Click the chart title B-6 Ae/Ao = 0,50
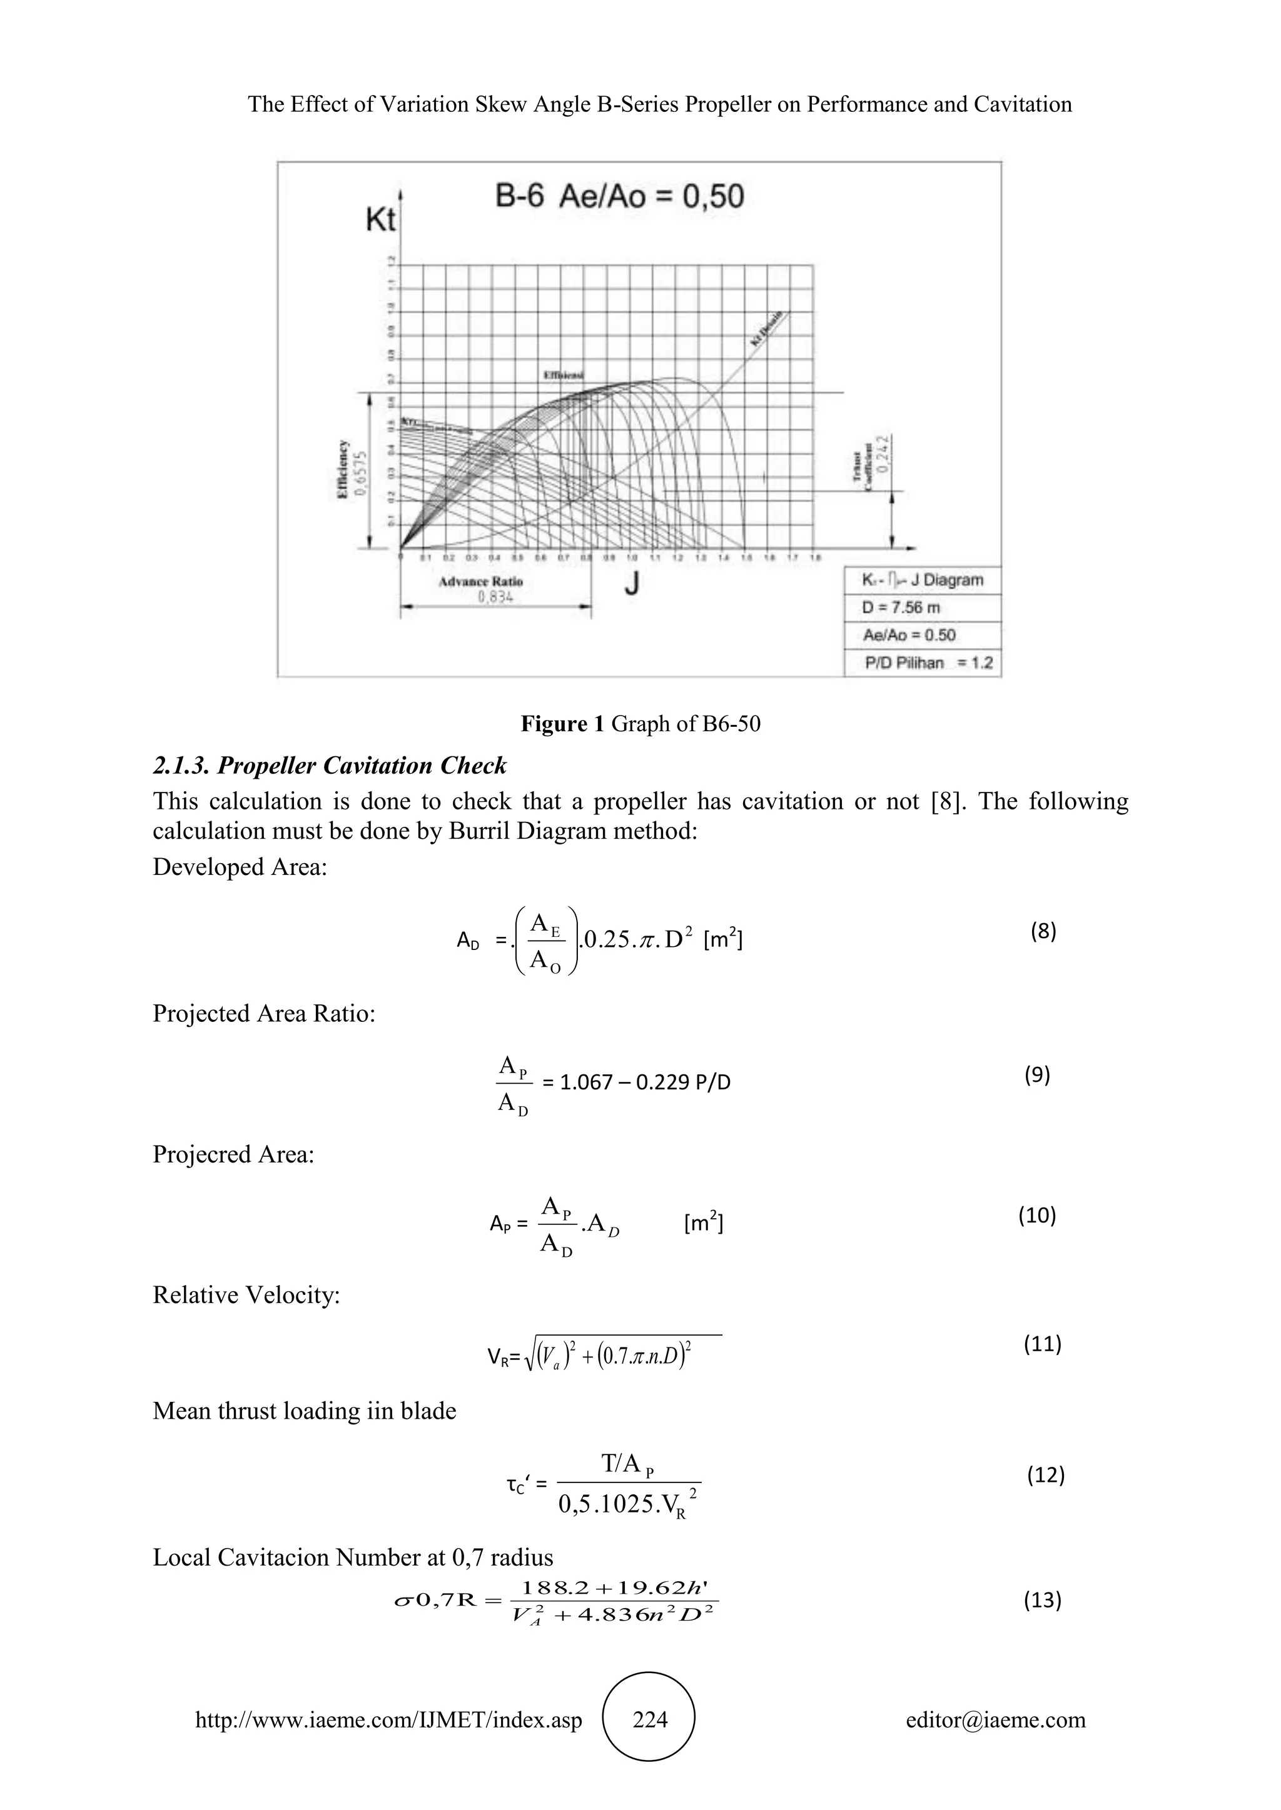pyautogui.click(x=619, y=196)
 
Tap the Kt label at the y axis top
pyautogui.click(x=380, y=220)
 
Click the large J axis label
pyautogui.click(x=632, y=584)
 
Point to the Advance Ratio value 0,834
pyautogui.click(x=495, y=597)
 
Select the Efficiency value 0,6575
pyautogui.click(x=362, y=473)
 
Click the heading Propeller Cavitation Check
pyautogui.click(x=329, y=766)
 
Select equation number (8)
pyautogui.click(x=1043, y=931)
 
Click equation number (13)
pyautogui.click(x=1042, y=1599)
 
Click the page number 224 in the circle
pyautogui.click(x=650, y=1719)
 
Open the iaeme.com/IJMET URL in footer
pyautogui.click(x=388, y=1719)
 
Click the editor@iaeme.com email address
pyautogui.click(x=995, y=1719)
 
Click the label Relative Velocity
pyautogui.click(x=246, y=1294)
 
